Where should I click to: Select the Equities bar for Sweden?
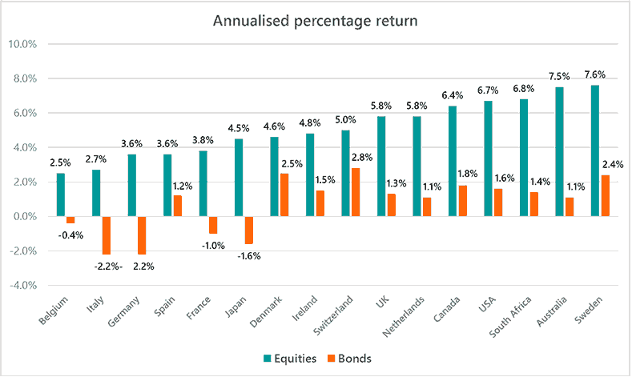pyautogui.click(x=594, y=150)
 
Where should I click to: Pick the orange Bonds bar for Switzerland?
pyautogui.click(x=356, y=192)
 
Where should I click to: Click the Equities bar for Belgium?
pyautogui.click(x=61, y=195)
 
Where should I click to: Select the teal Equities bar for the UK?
pyautogui.click(x=381, y=166)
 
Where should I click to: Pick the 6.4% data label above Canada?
pyautogui.click(x=453, y=94)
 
